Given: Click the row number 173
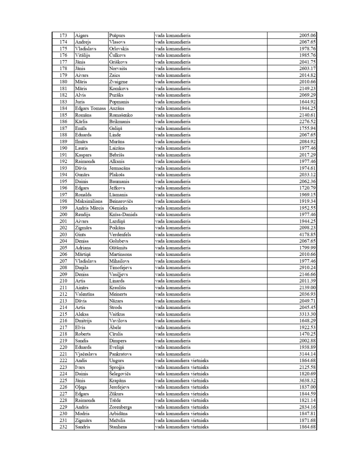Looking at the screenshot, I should point(63,35).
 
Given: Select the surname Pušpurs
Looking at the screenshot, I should point(117,35).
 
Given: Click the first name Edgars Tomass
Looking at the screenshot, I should point(91,109).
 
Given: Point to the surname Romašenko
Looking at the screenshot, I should point(121,115).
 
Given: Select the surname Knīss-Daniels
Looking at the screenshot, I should point(123,215).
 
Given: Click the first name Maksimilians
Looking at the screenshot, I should point(89,202).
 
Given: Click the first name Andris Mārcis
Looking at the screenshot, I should point(89,208).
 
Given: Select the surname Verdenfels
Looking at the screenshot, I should point(120,235).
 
